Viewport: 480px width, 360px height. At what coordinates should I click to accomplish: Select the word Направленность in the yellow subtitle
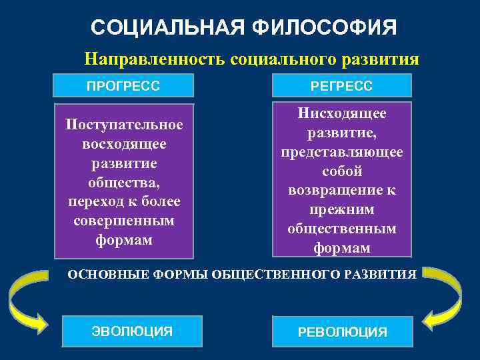coord(155,59)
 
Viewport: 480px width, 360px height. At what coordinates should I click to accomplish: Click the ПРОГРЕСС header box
coord(123,86)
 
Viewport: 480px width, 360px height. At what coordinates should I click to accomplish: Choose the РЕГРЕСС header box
coord(342,86)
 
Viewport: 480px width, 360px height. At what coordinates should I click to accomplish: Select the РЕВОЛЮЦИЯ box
coord(342,331)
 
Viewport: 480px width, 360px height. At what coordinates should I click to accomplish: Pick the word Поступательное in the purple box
coord(123,125)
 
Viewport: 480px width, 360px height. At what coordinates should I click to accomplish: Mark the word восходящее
coord(123,144)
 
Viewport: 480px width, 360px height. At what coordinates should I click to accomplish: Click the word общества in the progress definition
coord(123,182)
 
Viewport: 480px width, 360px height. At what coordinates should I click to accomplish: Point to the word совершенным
coord(123,220)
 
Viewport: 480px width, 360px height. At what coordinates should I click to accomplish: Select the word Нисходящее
coord(342,114)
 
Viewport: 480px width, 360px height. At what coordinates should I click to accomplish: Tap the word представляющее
coord(342,152)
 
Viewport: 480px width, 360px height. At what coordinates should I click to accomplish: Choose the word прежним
coord(342,209)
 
